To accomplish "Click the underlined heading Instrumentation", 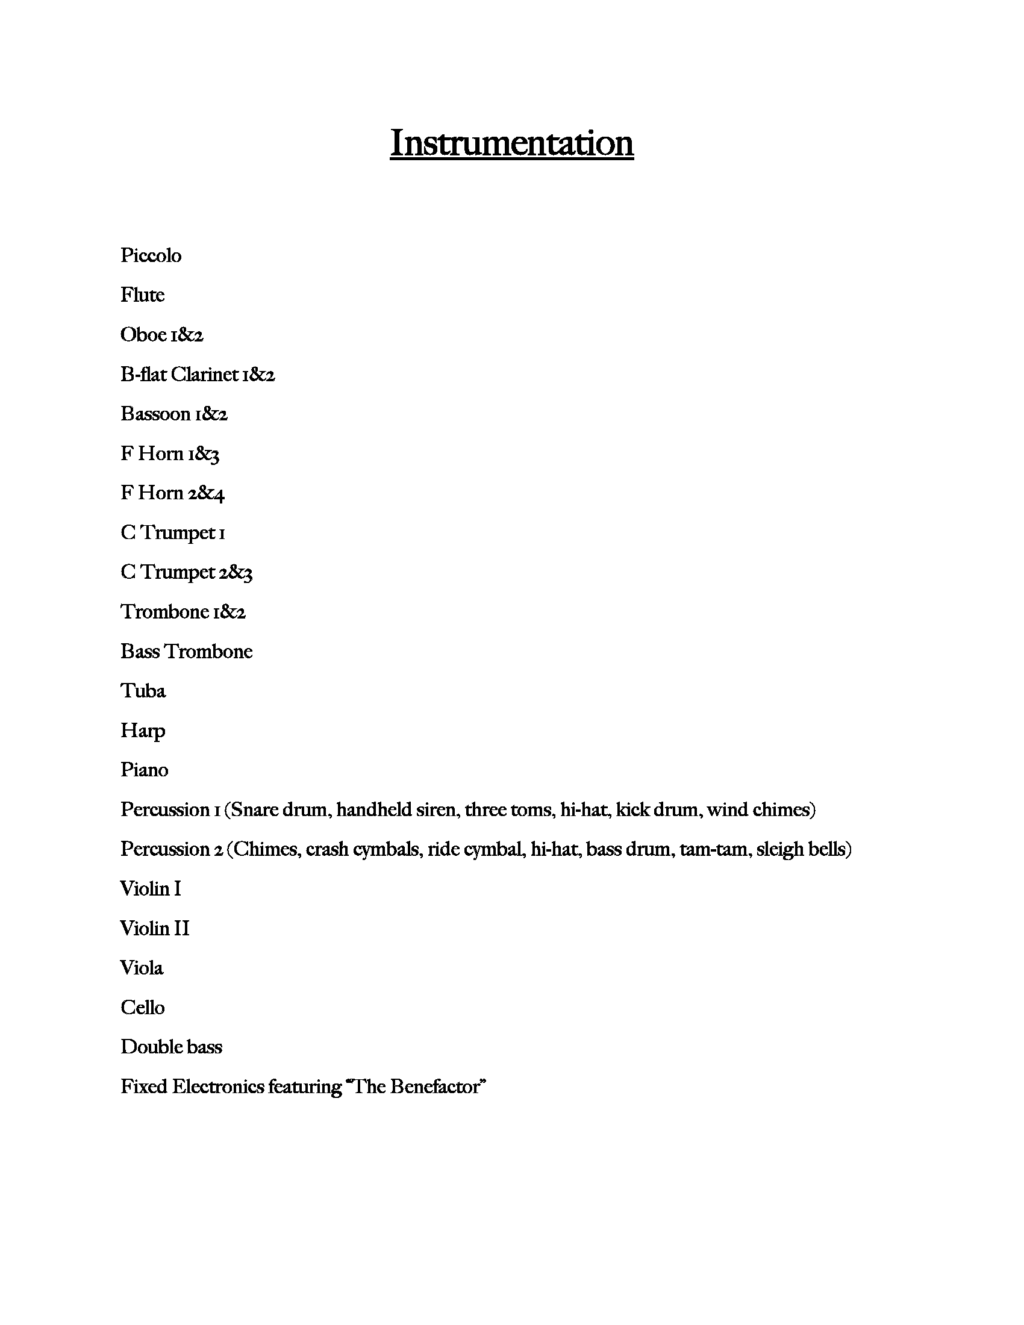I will click(511, 143).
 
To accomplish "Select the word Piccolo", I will click(151, 255).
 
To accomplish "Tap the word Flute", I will click(142, 295).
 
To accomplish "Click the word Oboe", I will click(143, 334).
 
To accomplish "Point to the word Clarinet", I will click(204, 375).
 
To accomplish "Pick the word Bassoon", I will click(155, 414).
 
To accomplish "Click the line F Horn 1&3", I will click(169, 454).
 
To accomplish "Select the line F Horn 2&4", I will click(172, 493).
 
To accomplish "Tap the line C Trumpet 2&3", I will click(186, 572).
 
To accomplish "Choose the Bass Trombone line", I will click(186, 652).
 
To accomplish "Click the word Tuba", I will click(143, 691).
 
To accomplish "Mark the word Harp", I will click(143, 731).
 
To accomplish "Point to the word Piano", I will click(145, 770).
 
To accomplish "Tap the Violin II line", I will click(155, 929).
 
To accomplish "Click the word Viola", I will click(142, 968).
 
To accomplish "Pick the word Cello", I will click(143, 1008).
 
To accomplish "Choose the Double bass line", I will click(171, 1047).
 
